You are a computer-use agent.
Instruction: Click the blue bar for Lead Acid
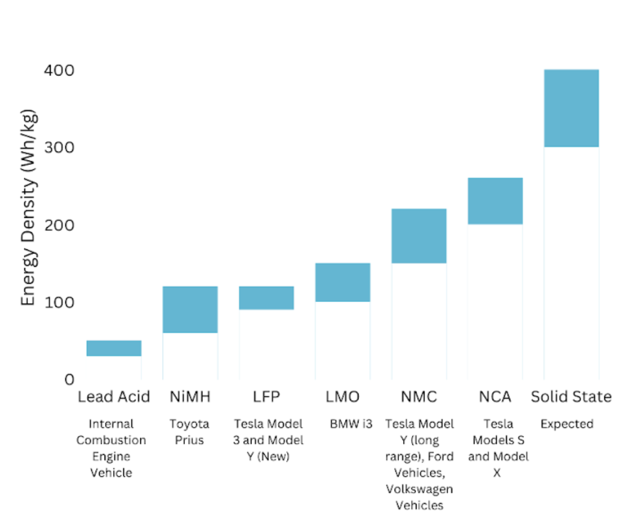click(x=114, y=348)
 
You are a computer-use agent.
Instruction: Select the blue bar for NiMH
click(x=190, y=309)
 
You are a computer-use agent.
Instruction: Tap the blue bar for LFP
click(x=266, y=298)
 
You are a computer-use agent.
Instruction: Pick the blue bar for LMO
click(x=342, y=282)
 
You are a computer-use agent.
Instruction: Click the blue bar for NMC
click(x=418, y=236)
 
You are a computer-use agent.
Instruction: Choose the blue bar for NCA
click(x=494, y=201)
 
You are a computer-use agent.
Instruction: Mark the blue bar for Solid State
click(x=571, y=108)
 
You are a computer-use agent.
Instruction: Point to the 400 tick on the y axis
click(x=59, y=71)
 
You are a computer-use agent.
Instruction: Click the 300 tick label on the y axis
click(x=59, y=148)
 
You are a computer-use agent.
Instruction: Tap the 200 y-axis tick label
click(x=59, y=225)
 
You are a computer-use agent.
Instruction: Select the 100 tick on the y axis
click(x=59, y=302)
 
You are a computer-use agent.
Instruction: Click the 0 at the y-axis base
click(x=69, y=380)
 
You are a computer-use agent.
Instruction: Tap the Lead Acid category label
click(x=114, y=397)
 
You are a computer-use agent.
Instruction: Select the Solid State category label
click(x=571, y=397)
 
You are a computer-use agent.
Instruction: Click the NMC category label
click(x=418, y=397)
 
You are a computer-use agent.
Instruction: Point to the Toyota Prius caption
click(x=189, y=432)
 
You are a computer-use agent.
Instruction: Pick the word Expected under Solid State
click(x=567, y=424)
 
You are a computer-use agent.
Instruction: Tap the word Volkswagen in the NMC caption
click(x=419, y=489)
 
